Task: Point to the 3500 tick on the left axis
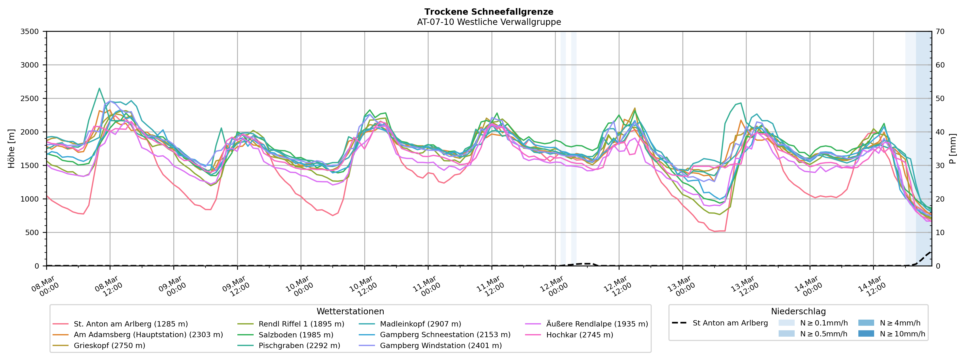(x=30, y=31)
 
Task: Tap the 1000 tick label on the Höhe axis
(x=30, y=199)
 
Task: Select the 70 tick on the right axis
(x=940, y=31)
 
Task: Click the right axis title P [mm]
(x=953, y=149)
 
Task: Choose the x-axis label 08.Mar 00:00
(x=45, y=287)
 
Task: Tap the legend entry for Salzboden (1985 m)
(x=296, y=335)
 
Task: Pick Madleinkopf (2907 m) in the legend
(x=420, y=324)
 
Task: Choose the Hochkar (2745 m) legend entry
(x=580, y=335)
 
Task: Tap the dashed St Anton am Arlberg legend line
(x=679, y=323)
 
